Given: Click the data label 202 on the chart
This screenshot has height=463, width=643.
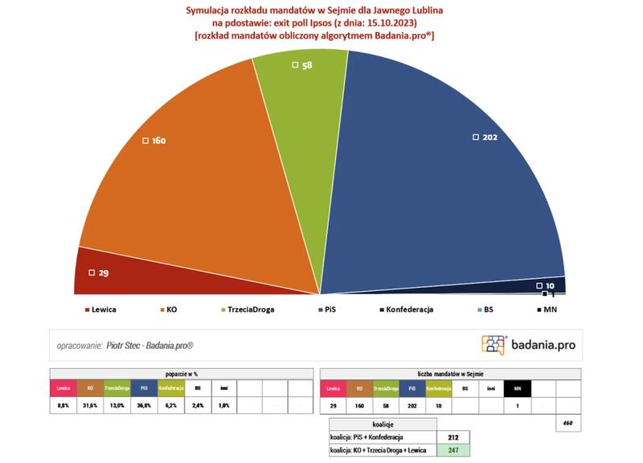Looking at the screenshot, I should tap(489, 137).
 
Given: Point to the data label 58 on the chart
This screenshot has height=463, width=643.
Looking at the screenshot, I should tap(307, 64).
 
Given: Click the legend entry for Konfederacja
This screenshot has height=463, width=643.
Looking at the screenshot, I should tap(410, 309).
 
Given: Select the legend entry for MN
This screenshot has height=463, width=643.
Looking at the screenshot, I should tap(551, 309).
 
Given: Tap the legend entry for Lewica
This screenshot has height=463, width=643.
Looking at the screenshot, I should tap(104, 309).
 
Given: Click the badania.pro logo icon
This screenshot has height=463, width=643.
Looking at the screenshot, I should tap(494, 345).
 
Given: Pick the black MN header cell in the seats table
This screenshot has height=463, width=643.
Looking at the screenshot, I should tap(517, 388).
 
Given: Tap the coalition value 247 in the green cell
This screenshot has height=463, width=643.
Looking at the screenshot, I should tap(454, 451).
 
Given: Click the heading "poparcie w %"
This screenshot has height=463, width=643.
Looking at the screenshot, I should tap(181, 374).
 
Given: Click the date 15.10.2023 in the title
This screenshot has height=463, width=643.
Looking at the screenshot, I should tap(378, 23).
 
